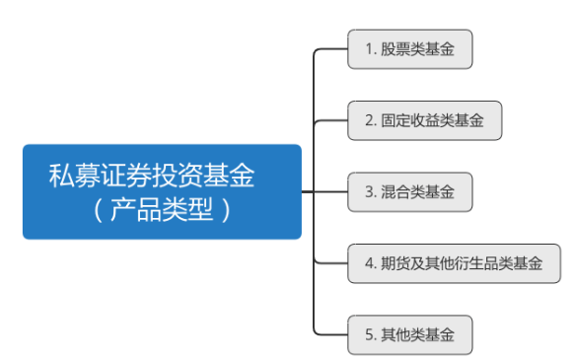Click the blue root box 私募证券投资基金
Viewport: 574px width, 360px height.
click(x=162, y=191)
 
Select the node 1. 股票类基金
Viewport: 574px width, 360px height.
click(x=410, y=49)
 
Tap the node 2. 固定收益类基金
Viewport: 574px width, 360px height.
click(x=425, y=120)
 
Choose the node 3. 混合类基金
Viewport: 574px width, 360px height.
click(x=410, y=192)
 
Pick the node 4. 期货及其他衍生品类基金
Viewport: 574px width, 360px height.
click(x=454, y=263)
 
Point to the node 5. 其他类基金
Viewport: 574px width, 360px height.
click(x=410, y=334)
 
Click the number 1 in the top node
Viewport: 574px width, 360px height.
click(x=370, y=49)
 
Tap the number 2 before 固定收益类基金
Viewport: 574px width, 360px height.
click(x=369, y=120)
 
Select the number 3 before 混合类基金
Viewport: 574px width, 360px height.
click(x=369, y=192)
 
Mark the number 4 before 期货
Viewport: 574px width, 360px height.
click(x=369, y=263)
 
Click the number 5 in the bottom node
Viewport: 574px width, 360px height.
click(x=369, y=334)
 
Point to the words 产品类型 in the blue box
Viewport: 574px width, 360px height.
click(x=162, y=210)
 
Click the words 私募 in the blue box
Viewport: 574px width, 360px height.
click(x=74, y=176)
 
